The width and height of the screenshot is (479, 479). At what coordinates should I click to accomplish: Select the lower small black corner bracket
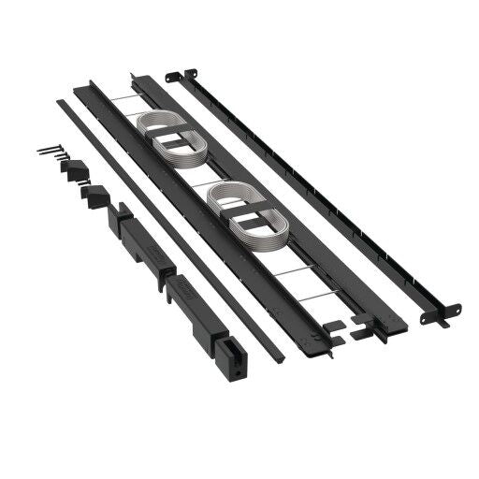[x=94, y=196]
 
